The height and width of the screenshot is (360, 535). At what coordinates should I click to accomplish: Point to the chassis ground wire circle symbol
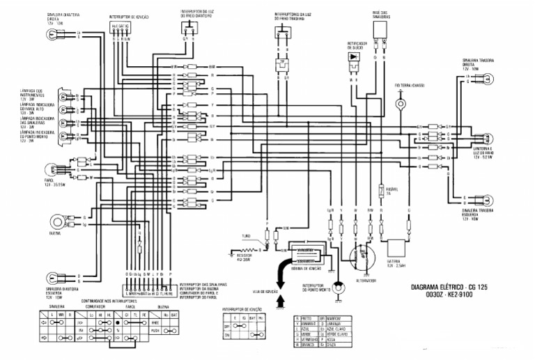coord(400,104)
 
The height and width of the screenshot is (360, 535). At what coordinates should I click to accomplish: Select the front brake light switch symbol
coord(188,29)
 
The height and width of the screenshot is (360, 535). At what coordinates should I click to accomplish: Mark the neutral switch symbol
coord(339,288)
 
